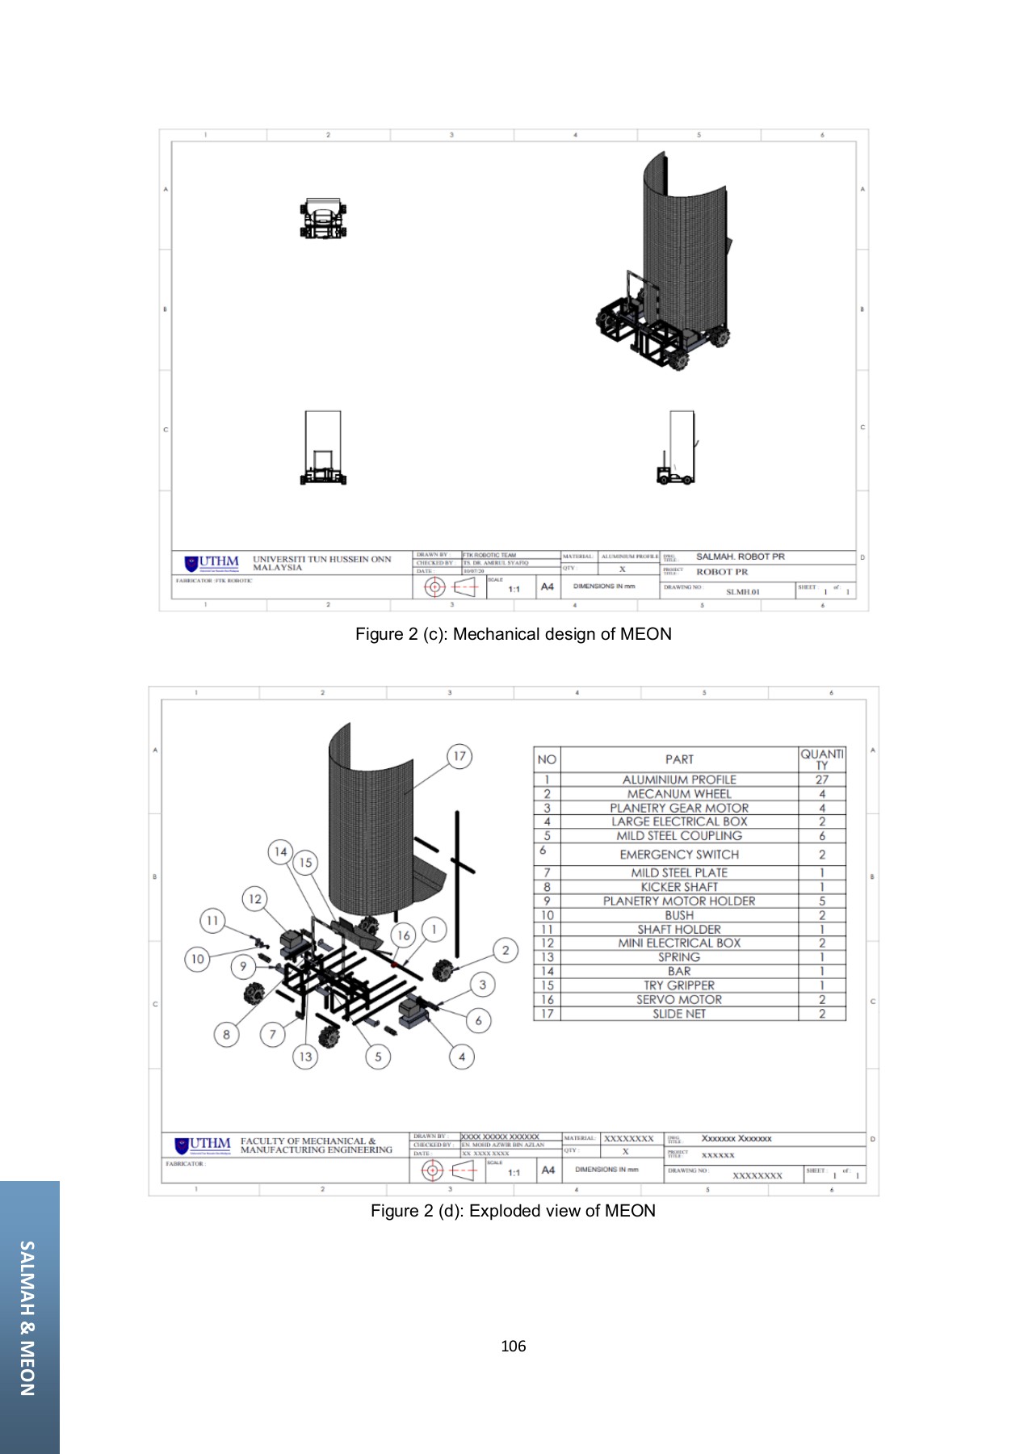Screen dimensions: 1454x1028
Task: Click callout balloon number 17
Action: point(459,756)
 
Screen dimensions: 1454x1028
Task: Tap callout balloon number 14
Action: point(280,851)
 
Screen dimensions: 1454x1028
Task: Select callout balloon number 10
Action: point(197,959)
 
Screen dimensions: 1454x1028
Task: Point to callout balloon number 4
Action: point(462,1056)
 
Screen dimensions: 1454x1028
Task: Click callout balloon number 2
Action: point(506,950)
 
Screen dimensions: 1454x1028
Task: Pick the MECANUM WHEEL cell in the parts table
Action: point(678,794)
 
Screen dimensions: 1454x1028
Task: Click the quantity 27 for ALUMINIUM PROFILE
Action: point(821,780)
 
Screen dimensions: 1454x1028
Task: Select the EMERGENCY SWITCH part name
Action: point(678,854)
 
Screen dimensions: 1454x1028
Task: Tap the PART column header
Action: point(678,759)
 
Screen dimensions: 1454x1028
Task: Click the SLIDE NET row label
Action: point(678,1014)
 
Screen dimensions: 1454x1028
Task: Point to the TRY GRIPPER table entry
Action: point(678,985)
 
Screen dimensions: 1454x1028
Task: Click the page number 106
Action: point(513,1346)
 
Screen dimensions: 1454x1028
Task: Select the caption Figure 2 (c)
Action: point(513,634)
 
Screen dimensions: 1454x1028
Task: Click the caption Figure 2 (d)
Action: point(513,1211)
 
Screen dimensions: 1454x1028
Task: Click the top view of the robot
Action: point(323,219)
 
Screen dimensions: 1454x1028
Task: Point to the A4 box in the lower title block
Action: point(548,1170)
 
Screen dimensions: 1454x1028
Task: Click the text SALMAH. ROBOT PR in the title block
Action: point(740,557)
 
